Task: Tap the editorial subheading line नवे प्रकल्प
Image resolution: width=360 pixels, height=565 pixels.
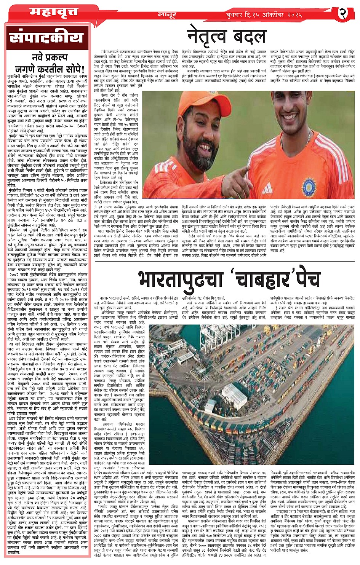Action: [45, 58]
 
